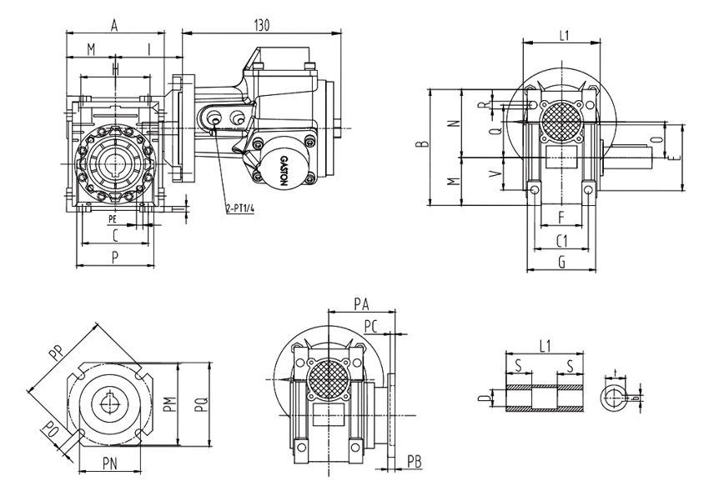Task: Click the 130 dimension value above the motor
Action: [x=261, y=26]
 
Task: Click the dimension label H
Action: [x=115, y=68]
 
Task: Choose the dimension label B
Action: [x=424, y=147]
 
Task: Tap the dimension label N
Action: [x=455, y=123]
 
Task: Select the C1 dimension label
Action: [x=561, y=241]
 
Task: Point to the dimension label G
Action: [x=561, y=262]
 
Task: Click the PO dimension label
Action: [x=53, y=431]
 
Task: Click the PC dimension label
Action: [x=374, y=324]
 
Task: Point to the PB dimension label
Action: [x=415, y=462]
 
